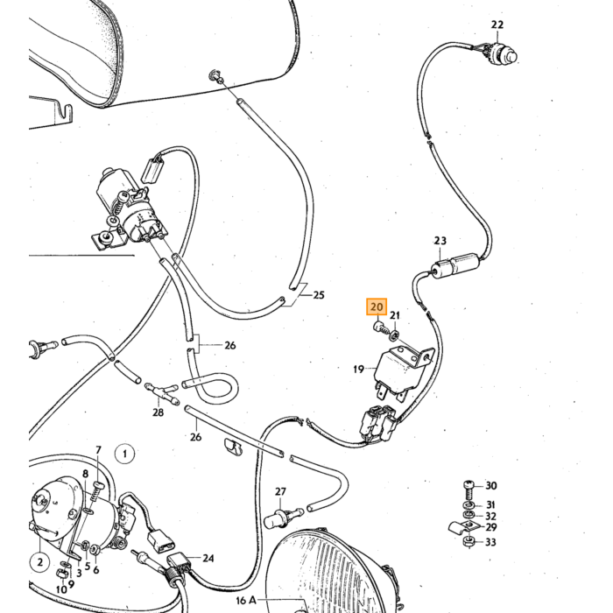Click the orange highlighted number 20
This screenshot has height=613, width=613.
point(377,306)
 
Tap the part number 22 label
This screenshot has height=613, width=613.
point(497,25)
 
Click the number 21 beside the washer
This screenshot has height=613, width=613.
point(395,315)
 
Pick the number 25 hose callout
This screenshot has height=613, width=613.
point(319,295)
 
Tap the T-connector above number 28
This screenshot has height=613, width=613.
point(161,392)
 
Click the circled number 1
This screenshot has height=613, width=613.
point(124,454)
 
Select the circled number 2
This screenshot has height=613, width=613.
point(40,562)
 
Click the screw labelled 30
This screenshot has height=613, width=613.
point(469,488)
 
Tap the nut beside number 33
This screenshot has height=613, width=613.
point(469,541)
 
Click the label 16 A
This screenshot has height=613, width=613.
point(246,600)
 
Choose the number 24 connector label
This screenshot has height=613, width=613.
point(208,559)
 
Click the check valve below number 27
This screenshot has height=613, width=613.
point(282,516)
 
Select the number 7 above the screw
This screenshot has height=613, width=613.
point(98,450)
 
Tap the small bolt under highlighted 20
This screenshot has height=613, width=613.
point(381,328)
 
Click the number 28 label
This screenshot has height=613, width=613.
point(158,412)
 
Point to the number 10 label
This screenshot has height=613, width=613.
point(61,589)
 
